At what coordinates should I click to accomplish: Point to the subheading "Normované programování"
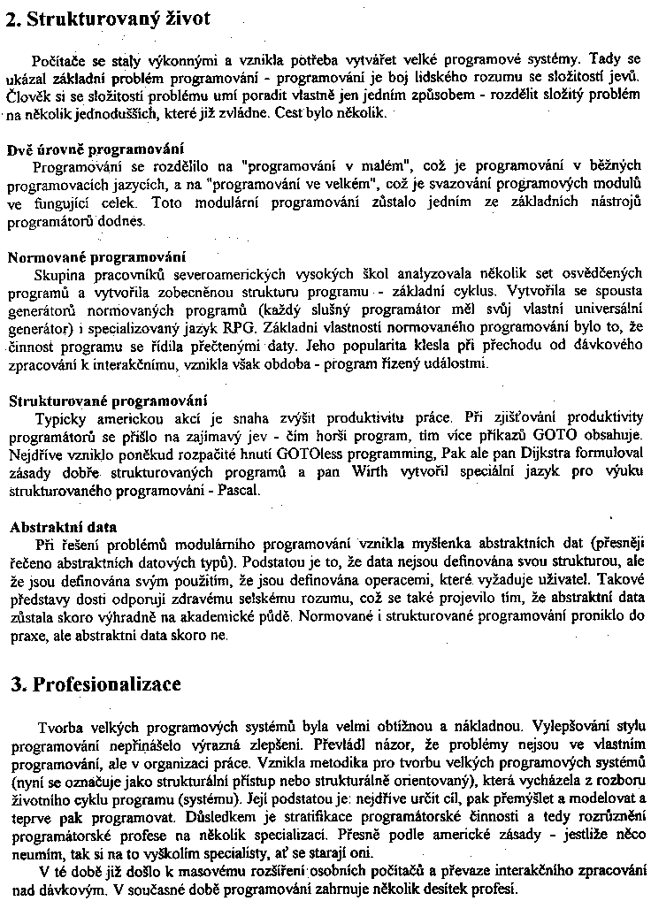click(96, 257)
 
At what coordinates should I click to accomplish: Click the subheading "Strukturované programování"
click(108, 401)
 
